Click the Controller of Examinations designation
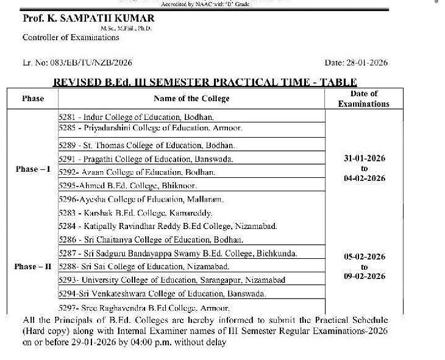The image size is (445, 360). [x=71, y=38]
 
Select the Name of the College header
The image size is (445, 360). [x=191, y=99]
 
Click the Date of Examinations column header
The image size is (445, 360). [x=364, y=99]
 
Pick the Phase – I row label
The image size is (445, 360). [x=33, y=169]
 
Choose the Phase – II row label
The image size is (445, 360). [x=33, y=267]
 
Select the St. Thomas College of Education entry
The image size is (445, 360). [x=147, y=146]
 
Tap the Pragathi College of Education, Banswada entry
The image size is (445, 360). [x=146, y=159]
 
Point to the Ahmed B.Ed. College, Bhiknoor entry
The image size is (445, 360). [x=127, y=186]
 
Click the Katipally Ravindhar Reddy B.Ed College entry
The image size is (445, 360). [x=168, y=226]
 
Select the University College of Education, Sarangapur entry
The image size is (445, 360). [x=170, y=280]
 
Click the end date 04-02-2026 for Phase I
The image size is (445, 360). [x=365, y=178]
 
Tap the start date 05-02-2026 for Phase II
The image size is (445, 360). [x=365, y=257]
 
